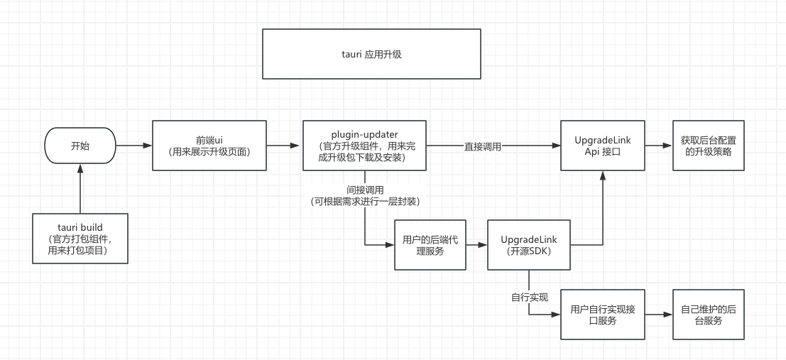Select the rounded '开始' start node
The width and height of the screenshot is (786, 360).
point(80,146)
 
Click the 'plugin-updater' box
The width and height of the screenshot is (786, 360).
point(364,146)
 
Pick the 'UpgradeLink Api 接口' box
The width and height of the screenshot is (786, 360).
point(602,146)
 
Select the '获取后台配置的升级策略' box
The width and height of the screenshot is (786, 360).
point(708,146)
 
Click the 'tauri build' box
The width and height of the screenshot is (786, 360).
point(80,239)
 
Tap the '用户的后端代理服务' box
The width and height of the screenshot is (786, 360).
point(430,245)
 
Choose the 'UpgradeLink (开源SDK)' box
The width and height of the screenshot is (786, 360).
point(528,245)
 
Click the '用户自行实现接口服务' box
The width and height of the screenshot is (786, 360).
point(602,315)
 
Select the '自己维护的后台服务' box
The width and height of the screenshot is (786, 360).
point(708,315)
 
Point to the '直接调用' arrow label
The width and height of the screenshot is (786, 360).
point(484,146)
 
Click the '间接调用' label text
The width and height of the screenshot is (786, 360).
point(365,190)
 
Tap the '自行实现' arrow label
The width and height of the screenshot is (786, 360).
point(529,297)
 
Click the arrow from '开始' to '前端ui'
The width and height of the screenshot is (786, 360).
point(134,146)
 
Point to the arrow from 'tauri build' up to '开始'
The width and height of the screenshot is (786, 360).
point(80,189)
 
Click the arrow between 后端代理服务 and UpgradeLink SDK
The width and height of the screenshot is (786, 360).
point(476,245)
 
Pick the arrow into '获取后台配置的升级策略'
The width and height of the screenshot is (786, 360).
point(658,146)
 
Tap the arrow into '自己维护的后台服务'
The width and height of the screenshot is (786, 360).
point(658,315)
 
